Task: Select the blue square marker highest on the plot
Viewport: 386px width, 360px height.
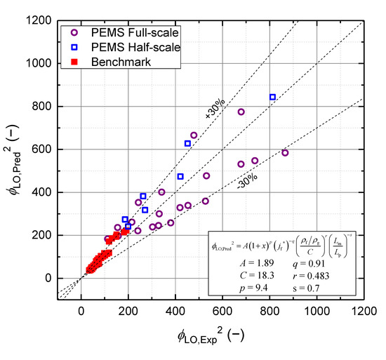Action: [272, 97]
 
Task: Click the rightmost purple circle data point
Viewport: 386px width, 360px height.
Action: [285, 152]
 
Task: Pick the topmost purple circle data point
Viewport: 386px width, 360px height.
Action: [241, 112]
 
